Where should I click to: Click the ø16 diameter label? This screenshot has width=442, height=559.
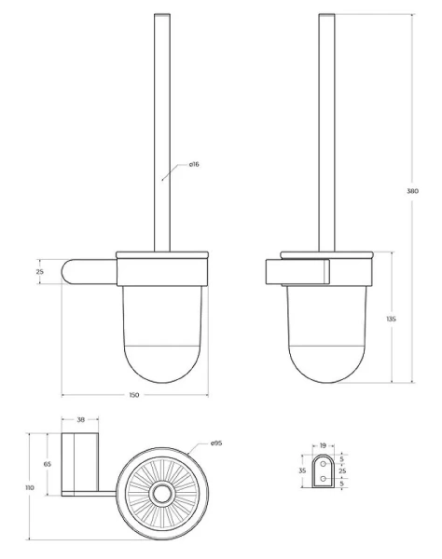click(x=194, y=164)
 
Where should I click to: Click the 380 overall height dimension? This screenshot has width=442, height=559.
click(x=413, y=191)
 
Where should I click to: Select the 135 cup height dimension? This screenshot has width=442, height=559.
click(x=392, y=319)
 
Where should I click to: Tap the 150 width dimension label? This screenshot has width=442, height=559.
click(x=134, y=395)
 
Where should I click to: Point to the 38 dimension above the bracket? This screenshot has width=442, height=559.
click(x=80, y=420)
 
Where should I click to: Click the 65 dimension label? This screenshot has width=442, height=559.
click(x=47, y=464)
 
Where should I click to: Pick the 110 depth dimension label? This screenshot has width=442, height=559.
click(x=30, y=487)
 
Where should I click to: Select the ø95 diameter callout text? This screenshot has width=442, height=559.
click(x=216, y=443)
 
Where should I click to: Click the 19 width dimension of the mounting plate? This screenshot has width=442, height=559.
click(x=323, y=445)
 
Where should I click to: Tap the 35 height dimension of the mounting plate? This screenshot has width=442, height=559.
click(x=302, y=470)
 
